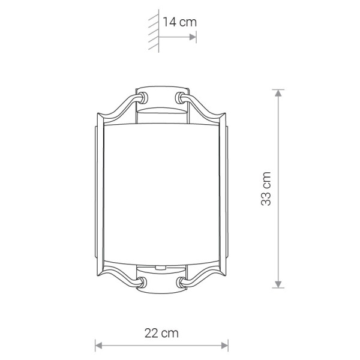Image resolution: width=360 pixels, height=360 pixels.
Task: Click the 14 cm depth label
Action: click(180, 22)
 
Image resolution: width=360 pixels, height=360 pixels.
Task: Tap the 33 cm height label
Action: click(266, 188)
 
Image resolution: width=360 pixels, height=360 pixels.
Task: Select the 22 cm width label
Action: click(161, 333)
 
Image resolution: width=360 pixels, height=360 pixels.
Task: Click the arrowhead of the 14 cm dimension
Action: click(193, 37)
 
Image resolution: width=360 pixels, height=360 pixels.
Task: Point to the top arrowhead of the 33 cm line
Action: click(278, 93)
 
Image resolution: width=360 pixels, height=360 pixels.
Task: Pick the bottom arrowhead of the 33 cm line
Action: click(278, 284)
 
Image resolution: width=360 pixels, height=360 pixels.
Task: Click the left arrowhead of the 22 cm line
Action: click(99, 346)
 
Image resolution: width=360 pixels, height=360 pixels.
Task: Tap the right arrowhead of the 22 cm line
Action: click(224, 346)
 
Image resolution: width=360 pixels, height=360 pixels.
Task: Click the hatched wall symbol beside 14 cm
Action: click(154, 31)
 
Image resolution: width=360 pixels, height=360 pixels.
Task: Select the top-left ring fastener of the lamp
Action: click(143, 98)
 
